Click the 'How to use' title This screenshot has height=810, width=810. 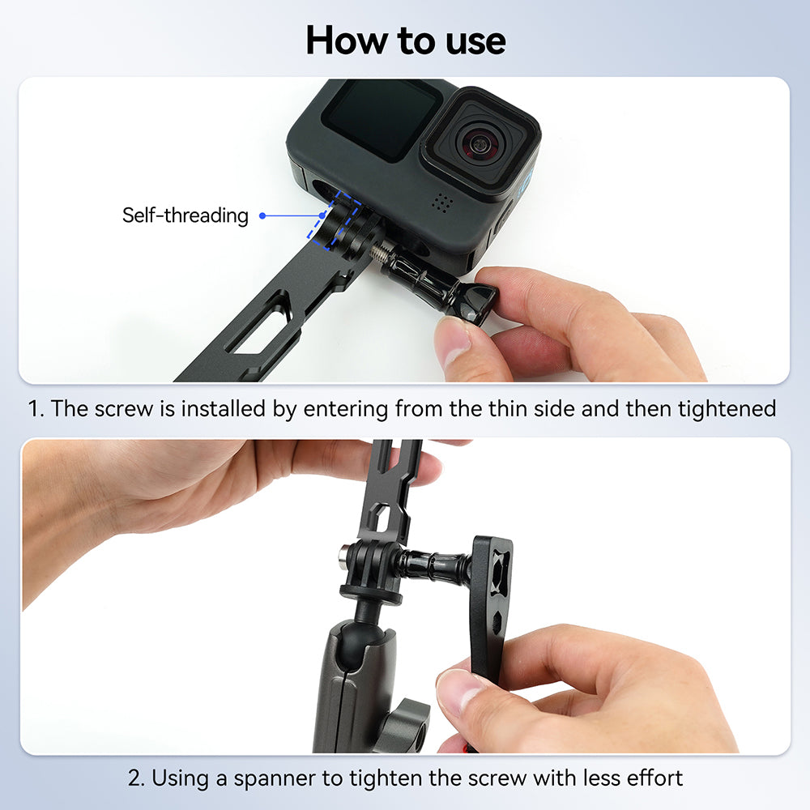[406, 40]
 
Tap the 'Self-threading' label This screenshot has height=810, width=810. [185, 215]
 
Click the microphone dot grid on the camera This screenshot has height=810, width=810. [442, 203]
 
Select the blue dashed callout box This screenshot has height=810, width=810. [334, 220]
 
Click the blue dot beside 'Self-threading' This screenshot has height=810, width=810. [262, 215]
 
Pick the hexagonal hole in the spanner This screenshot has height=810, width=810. [497, 620]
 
